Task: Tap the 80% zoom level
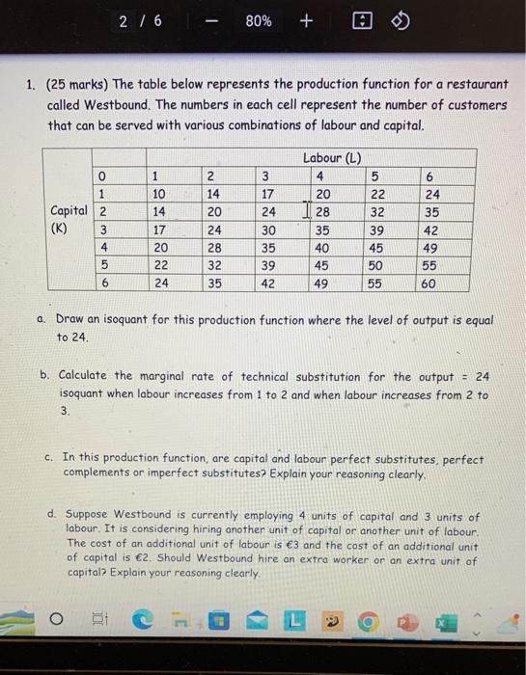[x=258, y=20]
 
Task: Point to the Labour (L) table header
[x=330, y=158]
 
